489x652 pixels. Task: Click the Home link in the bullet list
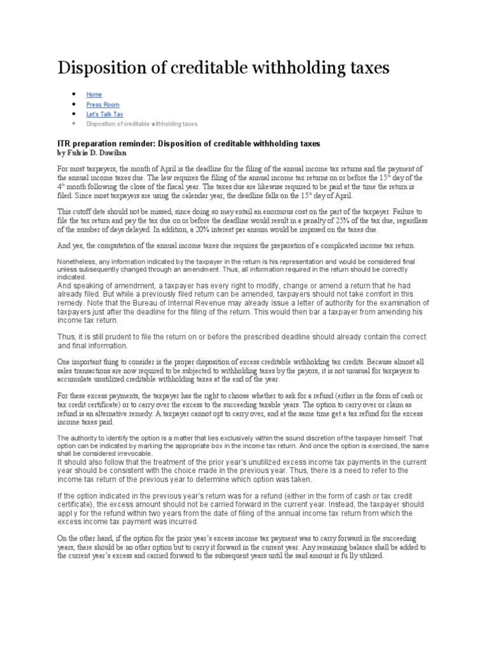pyautogui.click(x=94, y=94)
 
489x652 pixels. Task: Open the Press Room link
pyautogui.click(x=103, y=104)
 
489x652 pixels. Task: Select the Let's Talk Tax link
pyautogui.click(x=104, y=114)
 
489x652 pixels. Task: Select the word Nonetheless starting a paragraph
pyautogui.click(x=79, y=261)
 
